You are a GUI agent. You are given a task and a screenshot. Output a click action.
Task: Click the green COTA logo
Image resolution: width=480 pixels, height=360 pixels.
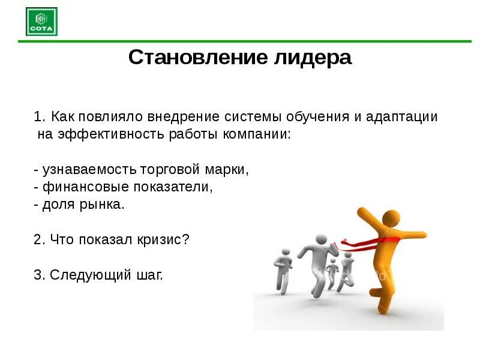pyautogui.click(x=41, y=21)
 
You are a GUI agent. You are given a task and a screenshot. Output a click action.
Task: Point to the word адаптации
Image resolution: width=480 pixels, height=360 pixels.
pyautogui.click(x=403, y=116)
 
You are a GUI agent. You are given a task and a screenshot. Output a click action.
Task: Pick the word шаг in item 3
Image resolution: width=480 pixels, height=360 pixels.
pyautogui.click(x=149, y=275)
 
